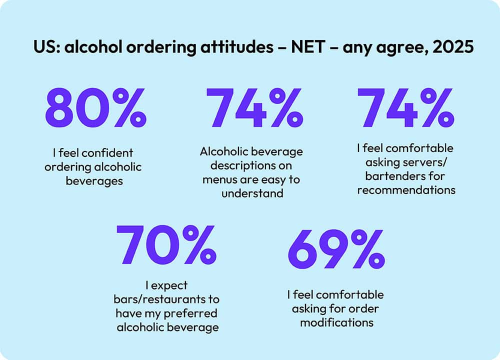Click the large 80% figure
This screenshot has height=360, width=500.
point(95,108)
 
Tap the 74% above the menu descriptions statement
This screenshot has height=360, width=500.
point(253,108)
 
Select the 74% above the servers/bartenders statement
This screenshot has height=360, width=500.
point(405,108)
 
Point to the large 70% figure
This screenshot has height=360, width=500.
point(166,246)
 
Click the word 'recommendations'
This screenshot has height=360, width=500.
point(405,190)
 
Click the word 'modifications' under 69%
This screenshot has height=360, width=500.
point(336,322)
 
